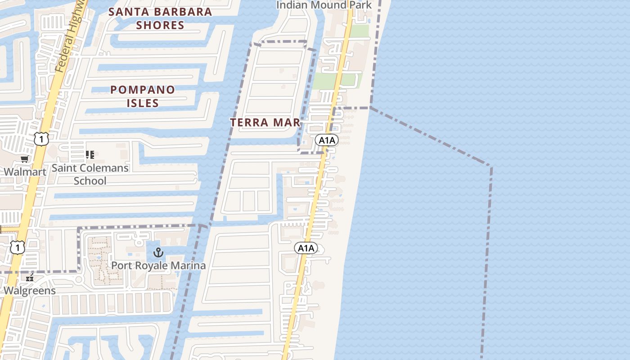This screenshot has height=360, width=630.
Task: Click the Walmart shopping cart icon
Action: point(25,159)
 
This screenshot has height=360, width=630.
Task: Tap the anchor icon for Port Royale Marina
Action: point(158,252)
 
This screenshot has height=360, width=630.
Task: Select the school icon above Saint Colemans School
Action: point(90,155)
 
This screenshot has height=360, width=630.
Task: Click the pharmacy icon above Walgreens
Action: point(30,278)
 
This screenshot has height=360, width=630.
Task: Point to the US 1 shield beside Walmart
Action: point(41,139)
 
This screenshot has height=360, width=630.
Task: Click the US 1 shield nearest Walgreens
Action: point(17,247)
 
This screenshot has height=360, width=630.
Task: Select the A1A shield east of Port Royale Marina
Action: point(306,248)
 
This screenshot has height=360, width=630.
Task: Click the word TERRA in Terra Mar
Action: point(249,122)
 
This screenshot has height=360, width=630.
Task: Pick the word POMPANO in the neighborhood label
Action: point(143,90)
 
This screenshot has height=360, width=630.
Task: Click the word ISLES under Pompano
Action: point(143,103)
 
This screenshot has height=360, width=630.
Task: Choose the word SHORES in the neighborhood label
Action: point(160,25)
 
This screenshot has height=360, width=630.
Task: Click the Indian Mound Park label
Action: point(324,5)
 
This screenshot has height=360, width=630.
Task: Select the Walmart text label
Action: point(25,172)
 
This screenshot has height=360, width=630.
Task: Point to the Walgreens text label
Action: point(30,291)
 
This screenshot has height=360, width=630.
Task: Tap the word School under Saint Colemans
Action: point(90,181)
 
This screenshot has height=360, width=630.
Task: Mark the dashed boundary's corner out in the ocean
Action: point(491,166)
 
